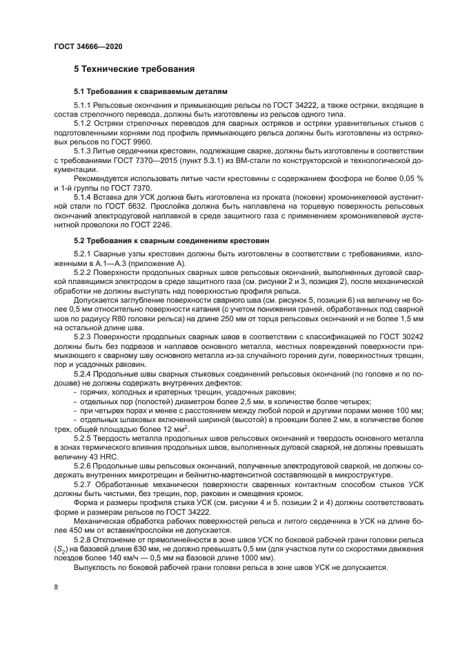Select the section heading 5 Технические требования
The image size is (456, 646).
[134, 70]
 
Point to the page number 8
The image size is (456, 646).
[56, 587]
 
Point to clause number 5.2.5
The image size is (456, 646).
[86, 439]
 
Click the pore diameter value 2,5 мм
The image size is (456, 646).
[229, 401]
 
